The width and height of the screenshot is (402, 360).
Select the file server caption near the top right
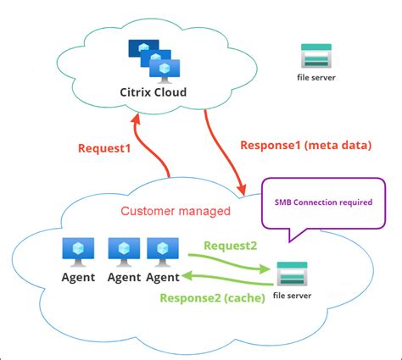[317, 77]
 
